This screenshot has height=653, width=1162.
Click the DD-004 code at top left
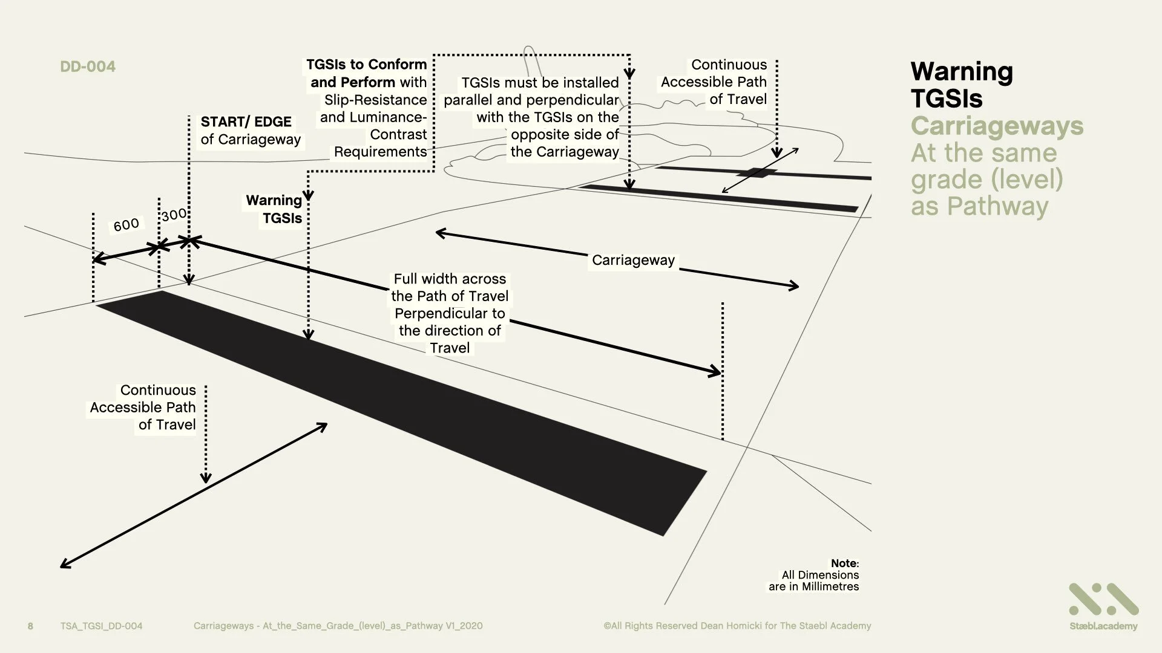point(88,67)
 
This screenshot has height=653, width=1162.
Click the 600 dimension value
point(126,225)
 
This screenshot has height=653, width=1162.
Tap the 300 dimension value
point(174,215)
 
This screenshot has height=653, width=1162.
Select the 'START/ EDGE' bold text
point(246,122)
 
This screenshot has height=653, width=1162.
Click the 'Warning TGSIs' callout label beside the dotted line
point(274,209)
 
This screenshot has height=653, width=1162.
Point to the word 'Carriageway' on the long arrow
point(633,260)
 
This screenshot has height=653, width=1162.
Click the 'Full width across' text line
point(450,279)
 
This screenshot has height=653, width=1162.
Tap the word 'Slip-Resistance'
point(375,100)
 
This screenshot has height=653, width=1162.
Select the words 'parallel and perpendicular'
point(531,100)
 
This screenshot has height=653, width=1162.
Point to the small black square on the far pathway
point(757,173)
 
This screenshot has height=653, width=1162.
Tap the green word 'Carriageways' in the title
point(997,126)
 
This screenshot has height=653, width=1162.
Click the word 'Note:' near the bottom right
point(844,564)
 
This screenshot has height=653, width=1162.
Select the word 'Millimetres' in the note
point(830,586)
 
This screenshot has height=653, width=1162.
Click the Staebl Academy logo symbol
point(1103,599)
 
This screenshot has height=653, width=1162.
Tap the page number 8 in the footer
point(30,626)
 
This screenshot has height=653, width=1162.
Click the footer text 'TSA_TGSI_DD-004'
point(101,626)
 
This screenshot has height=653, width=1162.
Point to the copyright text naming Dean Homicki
point(737,626)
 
